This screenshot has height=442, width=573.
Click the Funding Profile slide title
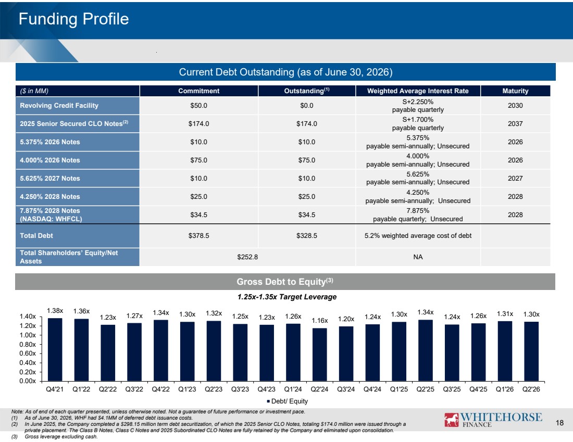click(x=73, y=19)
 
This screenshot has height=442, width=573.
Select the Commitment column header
click(x=199, y=91)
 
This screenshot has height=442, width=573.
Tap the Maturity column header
click(x=515, y=91)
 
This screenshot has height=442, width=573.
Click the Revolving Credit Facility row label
click(x=59, y=106)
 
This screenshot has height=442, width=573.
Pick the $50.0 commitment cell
click(x=199, y=106)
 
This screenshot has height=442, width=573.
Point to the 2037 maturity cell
click(x=515, y=124)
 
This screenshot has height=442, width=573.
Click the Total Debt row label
click(x=36, y=236)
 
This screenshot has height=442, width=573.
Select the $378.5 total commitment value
click(x=199, y=236)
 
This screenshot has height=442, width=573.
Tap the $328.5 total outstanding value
click(x=307, y=236)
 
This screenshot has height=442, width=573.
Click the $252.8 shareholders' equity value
click(x=247, y=257)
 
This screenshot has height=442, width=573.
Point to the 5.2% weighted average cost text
click(x=418, y=236)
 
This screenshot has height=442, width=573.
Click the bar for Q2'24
click(x=320, y=355)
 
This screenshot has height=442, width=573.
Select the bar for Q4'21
click(x=55, y=349)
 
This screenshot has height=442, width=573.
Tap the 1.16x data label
click(x=320, y=320)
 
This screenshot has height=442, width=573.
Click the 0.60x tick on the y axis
click(x=28, y=353)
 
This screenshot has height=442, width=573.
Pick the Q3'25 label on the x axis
click(x=452, y=389)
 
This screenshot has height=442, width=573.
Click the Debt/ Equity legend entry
click(x=287, y=401)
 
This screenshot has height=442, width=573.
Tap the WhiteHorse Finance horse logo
click(x=451, y=420)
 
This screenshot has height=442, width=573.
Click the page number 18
click(x=559, y=423)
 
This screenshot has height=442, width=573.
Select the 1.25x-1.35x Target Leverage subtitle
click(x=287, y=297)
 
